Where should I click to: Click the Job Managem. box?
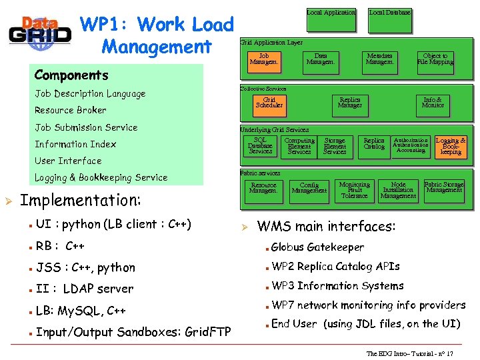(264, 60)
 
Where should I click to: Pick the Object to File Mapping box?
(435, 60)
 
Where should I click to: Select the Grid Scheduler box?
(269, 103)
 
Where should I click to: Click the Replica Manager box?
(350, 103)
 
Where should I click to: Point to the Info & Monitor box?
(433, 103)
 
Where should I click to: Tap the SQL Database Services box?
(260, 146)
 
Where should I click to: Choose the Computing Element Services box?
(299, 146)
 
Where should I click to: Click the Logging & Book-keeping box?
(451, 146)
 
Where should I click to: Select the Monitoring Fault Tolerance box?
(354, 190)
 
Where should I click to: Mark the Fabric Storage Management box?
(444, 187)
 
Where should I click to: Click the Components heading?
(71, 75)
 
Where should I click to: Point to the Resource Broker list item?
(71, 111)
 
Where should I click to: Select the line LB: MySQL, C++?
(81, 311)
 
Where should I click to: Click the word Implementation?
(81, 201)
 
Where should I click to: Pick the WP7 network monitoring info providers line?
(369, 305)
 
